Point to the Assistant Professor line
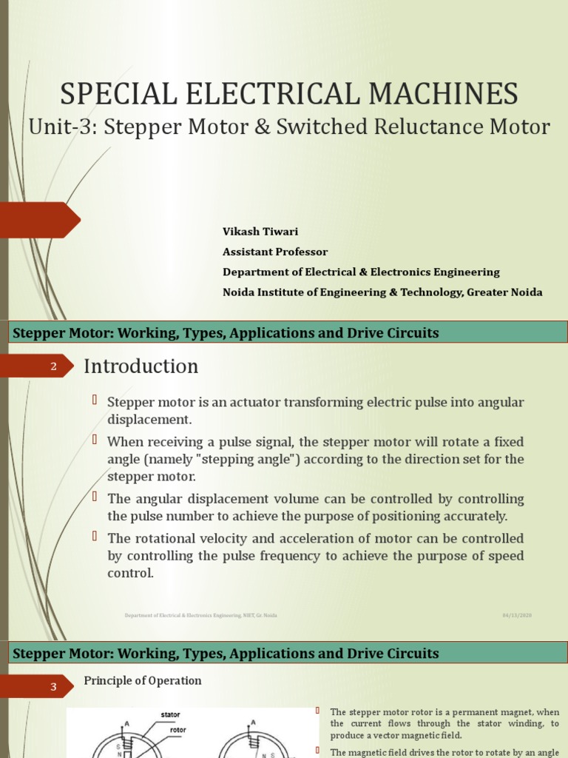click(x=275, y=252)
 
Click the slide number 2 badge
click(x=53, y=366)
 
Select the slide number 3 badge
click(x=53, y=687)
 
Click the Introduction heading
click(x=141, y=366)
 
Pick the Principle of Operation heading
click(x=142, y=680)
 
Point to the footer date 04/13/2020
click(x=517, y=615)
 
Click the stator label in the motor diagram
click(x=170, y=715)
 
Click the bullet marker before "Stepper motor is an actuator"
click(x=95, y=400)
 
